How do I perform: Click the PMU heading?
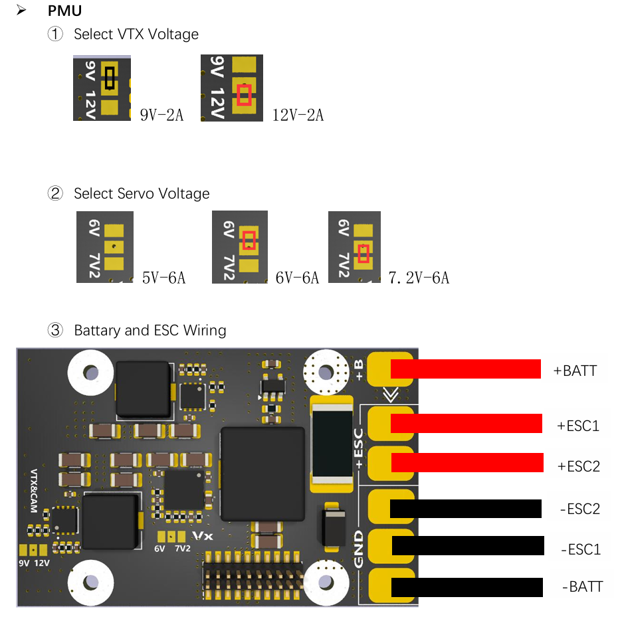(64, 11)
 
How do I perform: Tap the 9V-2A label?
(161, 115)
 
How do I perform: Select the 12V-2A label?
(298, 115)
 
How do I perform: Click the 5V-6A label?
(163, 278)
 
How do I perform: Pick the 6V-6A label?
(297, 278)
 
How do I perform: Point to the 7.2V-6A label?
(419, 278)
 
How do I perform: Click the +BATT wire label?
(575, 370)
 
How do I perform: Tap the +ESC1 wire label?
(578, 425)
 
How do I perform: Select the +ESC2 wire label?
(578, 466)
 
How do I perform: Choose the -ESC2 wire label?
(580, 509)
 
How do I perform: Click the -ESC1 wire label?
(580, 549)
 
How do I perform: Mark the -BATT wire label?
(582, 586)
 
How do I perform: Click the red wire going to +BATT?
(465, 369)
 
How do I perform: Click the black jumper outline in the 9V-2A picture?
(110, 77)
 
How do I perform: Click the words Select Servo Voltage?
(142, 194)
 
